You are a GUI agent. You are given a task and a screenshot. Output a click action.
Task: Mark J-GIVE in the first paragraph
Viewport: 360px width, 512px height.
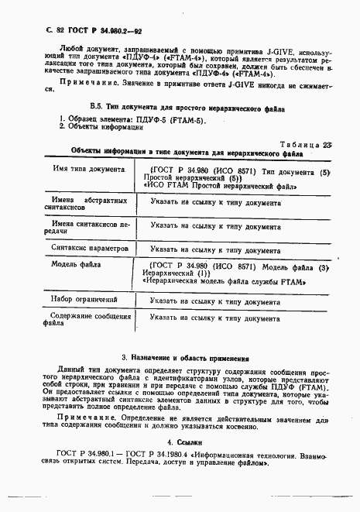point(238,50)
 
